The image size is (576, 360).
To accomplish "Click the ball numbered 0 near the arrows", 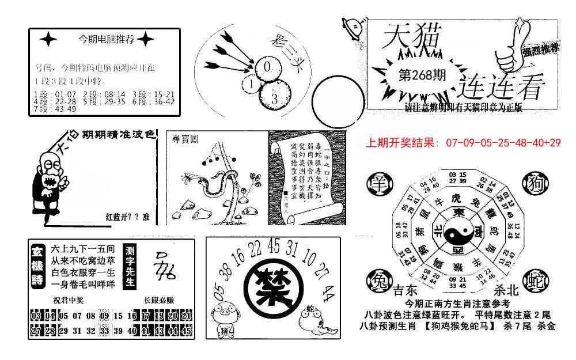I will tap(267, 67).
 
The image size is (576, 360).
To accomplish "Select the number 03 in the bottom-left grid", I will tap(35, 316).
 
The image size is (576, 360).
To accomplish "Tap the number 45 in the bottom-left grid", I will tap(186, 331).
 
